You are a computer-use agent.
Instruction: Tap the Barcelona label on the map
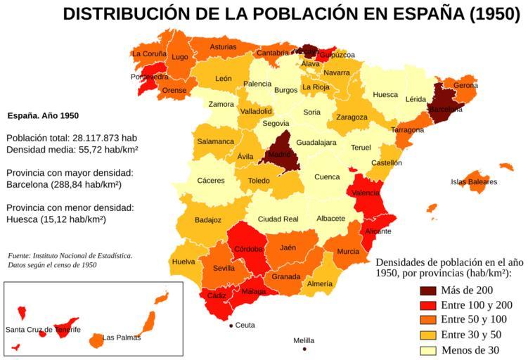446,110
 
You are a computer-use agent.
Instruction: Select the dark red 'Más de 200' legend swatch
429,290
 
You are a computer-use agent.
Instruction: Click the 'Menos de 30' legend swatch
429,351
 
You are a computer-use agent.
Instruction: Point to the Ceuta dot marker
231,326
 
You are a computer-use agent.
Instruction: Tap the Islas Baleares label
474,182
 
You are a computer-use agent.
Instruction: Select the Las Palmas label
122,337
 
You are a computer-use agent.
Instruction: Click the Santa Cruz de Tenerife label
43,330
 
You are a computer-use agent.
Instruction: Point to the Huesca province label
385,95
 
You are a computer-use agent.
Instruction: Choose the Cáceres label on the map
211,181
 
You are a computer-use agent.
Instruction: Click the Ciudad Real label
278,219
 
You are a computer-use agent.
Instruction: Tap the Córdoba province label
248,249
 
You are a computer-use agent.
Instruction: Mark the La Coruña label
150,53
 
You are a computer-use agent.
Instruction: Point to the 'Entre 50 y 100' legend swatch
429,321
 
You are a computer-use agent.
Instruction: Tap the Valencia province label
366,193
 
